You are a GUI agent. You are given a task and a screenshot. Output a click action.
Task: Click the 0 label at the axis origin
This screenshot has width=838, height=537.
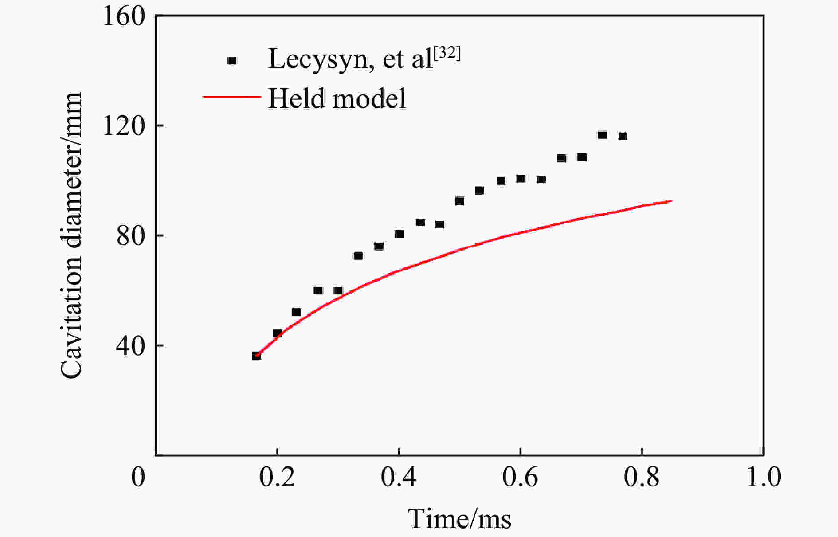(x=138, y=477)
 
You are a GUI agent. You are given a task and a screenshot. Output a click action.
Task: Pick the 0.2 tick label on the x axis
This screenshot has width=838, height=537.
(x=277, y=477)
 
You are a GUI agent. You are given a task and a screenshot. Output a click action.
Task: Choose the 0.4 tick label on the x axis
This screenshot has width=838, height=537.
(x=399, y=477)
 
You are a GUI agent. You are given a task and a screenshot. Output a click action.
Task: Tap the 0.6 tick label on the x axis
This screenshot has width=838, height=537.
(x=520, y=477)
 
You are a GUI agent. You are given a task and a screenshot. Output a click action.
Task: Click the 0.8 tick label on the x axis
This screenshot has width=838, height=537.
(x=642, y=477)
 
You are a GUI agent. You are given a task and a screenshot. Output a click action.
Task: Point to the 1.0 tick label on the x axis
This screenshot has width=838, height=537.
(x=764, y=477)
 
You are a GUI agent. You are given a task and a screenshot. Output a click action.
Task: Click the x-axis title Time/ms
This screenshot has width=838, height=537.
(x=459, y=519)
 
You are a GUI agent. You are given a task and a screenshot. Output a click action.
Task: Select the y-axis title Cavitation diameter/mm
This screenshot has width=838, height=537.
(x=71, y=236)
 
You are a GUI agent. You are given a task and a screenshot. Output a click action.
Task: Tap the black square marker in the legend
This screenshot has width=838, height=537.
(x=232, y=61)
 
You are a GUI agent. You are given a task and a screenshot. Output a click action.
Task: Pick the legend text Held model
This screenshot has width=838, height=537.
(x=337, y=98)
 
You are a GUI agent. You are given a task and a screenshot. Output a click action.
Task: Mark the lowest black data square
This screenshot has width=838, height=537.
(x=256, y=356)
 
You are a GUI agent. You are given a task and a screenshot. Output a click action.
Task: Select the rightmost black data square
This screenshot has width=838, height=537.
(x=623, y=136)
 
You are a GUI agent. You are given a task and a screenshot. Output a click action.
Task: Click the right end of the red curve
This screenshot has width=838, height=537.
(x=671, y=201)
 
